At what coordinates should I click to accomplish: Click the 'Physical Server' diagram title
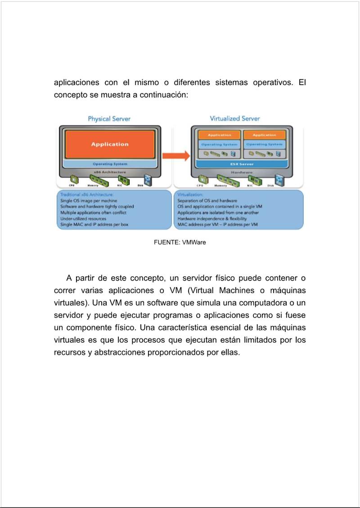109,119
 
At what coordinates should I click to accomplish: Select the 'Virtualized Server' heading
234,118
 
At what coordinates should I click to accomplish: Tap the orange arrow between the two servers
176,156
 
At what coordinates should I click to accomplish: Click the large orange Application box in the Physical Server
110,144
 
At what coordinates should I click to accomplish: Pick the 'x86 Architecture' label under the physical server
110,172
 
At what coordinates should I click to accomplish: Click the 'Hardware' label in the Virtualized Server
242,172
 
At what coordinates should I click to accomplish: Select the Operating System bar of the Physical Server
110,164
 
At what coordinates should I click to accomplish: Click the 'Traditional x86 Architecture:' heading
81,194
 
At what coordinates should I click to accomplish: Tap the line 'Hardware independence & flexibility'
212,218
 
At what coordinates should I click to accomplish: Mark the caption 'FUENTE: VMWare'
180,242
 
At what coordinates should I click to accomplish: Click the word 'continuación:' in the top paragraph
163,95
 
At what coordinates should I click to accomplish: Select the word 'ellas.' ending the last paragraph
229,352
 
